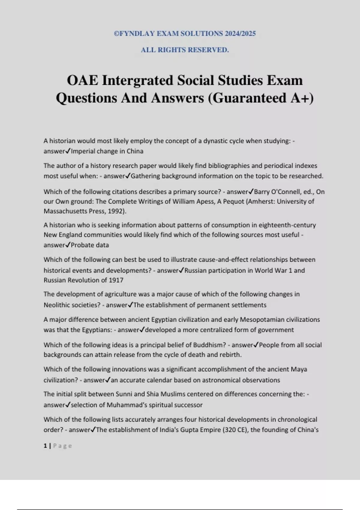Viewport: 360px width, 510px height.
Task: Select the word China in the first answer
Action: [135, 151]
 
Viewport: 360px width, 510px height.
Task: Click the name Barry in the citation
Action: [262, 192]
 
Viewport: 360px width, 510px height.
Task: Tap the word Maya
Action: [299, 369]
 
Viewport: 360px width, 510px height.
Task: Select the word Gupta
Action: [190, 430]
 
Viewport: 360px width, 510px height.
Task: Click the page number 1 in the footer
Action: [45, 446]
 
